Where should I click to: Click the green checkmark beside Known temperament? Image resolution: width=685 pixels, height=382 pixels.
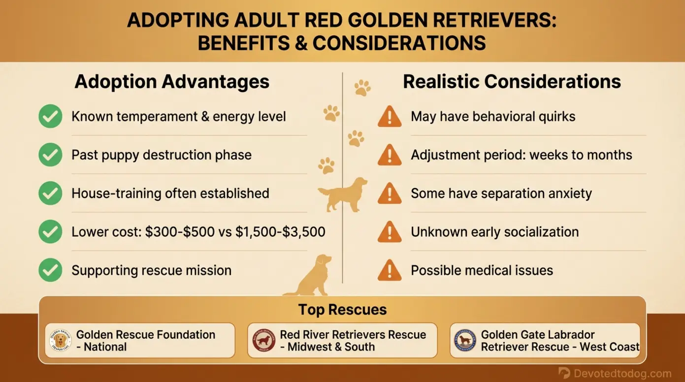pos(50,117)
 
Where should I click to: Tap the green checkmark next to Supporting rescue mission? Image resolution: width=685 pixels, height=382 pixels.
pos(50,270)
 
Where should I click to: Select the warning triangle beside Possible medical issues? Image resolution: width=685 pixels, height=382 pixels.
pos(390,270)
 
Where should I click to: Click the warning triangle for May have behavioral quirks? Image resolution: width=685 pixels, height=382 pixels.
pos(390,117)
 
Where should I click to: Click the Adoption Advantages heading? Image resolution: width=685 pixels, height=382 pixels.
pos(172,82)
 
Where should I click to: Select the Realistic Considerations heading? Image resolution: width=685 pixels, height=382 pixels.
pos(512,82)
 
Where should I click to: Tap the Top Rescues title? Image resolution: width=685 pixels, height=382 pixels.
pos(342,310)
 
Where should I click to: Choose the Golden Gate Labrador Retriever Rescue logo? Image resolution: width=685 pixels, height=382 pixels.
pos(465,341)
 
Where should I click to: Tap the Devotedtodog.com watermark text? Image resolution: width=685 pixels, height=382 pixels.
pos(621,373)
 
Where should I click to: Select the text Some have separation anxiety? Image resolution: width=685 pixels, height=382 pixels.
pos(501,193)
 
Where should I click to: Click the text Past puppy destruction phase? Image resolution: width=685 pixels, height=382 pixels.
pos(162,155)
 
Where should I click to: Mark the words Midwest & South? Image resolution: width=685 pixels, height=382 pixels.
pos(331,347)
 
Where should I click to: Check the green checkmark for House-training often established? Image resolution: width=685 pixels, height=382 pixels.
pos(50,193)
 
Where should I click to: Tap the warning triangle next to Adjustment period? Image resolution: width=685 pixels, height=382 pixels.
pos(390,155)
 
